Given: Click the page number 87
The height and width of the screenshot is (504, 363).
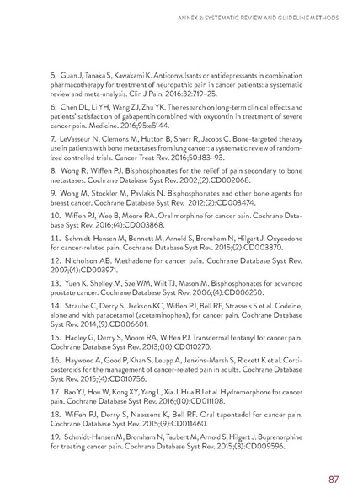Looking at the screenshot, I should (333, 480).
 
